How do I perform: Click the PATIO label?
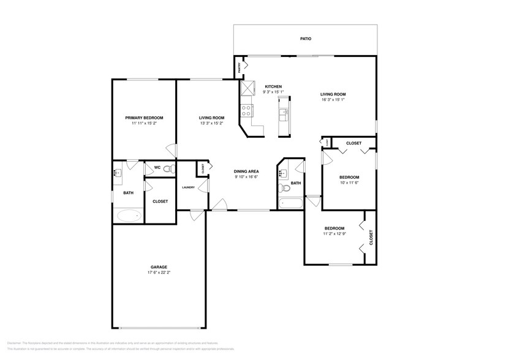(x=306, y=39)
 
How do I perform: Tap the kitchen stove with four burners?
(x=246, y=110)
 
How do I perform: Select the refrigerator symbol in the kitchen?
(x=247, y=89)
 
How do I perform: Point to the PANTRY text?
(x=239, y=69)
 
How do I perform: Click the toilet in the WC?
(x=172, y=168)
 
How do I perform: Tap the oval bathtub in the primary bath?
(x=128, y=216)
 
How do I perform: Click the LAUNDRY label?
(x=188, y=187)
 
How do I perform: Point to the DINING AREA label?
(x=246, y=171)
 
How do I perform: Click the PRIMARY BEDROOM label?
(x=144, y=118)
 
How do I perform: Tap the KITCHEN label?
(x=273, y=86)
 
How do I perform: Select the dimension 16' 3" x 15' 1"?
(x=333, y=100)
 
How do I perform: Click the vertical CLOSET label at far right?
(x=371, y=236)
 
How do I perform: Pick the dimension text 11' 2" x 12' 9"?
(x=335, y=233)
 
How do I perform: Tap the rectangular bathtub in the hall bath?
(x=288, y=203)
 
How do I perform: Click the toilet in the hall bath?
(x=282, y=189)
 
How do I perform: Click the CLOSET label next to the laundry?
(x=202, y=166)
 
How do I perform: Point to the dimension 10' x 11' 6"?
(x=349, y=182)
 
